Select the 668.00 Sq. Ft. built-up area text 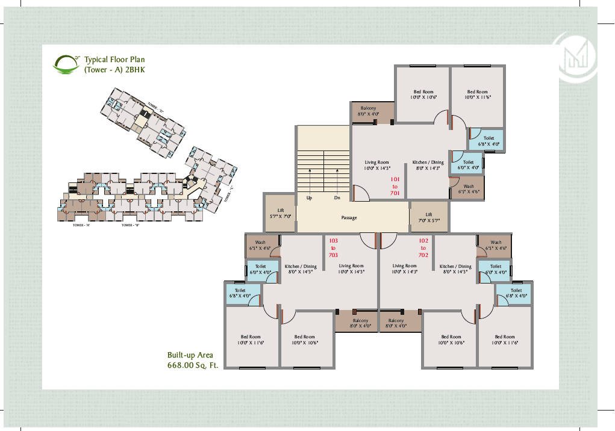coord(192,365)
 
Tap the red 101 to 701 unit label coord(395,186)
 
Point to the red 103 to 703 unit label coord(333,247)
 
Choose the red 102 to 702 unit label coord(423,247)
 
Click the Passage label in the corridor coord(349,217)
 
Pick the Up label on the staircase coord(309,197)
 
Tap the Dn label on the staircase coord(337,197)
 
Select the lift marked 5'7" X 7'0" coord(280,212)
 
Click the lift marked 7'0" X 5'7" coord(428,217)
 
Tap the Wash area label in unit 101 coord(468,189)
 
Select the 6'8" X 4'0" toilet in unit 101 coord(489,141)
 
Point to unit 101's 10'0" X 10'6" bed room coord(423,95)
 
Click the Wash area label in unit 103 coord(260,245)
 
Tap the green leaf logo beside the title coord(67,64)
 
